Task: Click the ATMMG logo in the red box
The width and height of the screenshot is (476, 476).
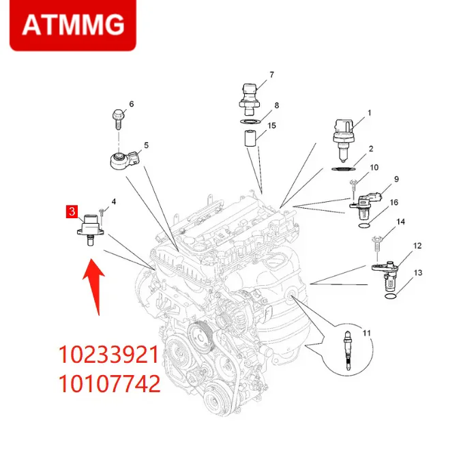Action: pos(73,25)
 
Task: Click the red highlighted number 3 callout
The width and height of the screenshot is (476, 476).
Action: pos(70,211)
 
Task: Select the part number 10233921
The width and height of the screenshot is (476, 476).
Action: pos(110,355)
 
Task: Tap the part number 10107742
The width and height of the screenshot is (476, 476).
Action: pos(110,384)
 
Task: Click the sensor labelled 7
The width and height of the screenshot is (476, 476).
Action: pos(250,95)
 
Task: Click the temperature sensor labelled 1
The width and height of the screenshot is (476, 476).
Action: pos(344,133)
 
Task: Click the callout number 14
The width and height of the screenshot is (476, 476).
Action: pos(400,222)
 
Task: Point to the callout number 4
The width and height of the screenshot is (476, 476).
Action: pos(113,201)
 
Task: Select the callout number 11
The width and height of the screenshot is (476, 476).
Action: pos(366,333)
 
